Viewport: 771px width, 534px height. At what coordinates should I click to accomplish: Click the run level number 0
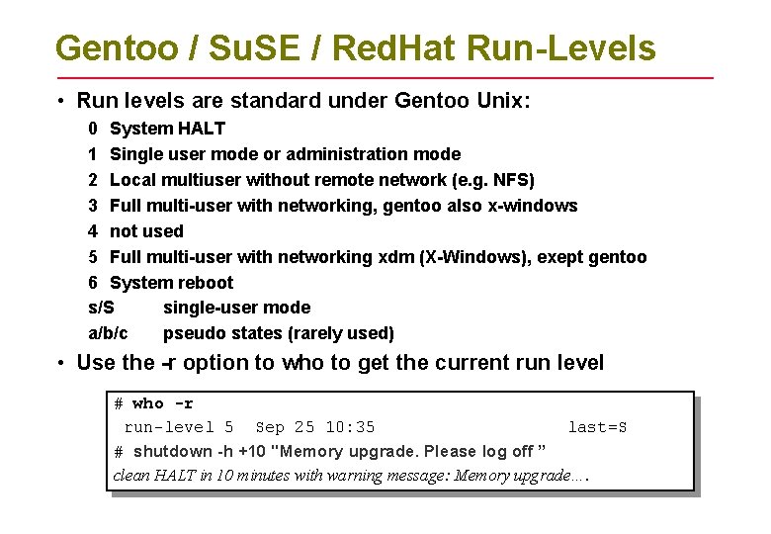[92, 129]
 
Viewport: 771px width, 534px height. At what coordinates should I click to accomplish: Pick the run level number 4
[92, 231]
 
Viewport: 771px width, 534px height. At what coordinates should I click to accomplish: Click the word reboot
[203, 283]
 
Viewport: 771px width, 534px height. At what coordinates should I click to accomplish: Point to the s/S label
[101, 308]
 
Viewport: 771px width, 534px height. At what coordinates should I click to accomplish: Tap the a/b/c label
[108, 333]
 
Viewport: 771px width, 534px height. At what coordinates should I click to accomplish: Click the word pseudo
[191, 333]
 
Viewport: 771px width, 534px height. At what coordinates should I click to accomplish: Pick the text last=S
[597, 427]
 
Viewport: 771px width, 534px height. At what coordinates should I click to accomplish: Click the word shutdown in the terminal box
[173, 452]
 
